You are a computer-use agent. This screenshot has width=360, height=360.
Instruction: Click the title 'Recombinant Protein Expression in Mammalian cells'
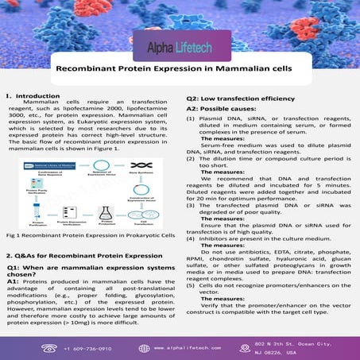pyautogui.click(x=180, y=70)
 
